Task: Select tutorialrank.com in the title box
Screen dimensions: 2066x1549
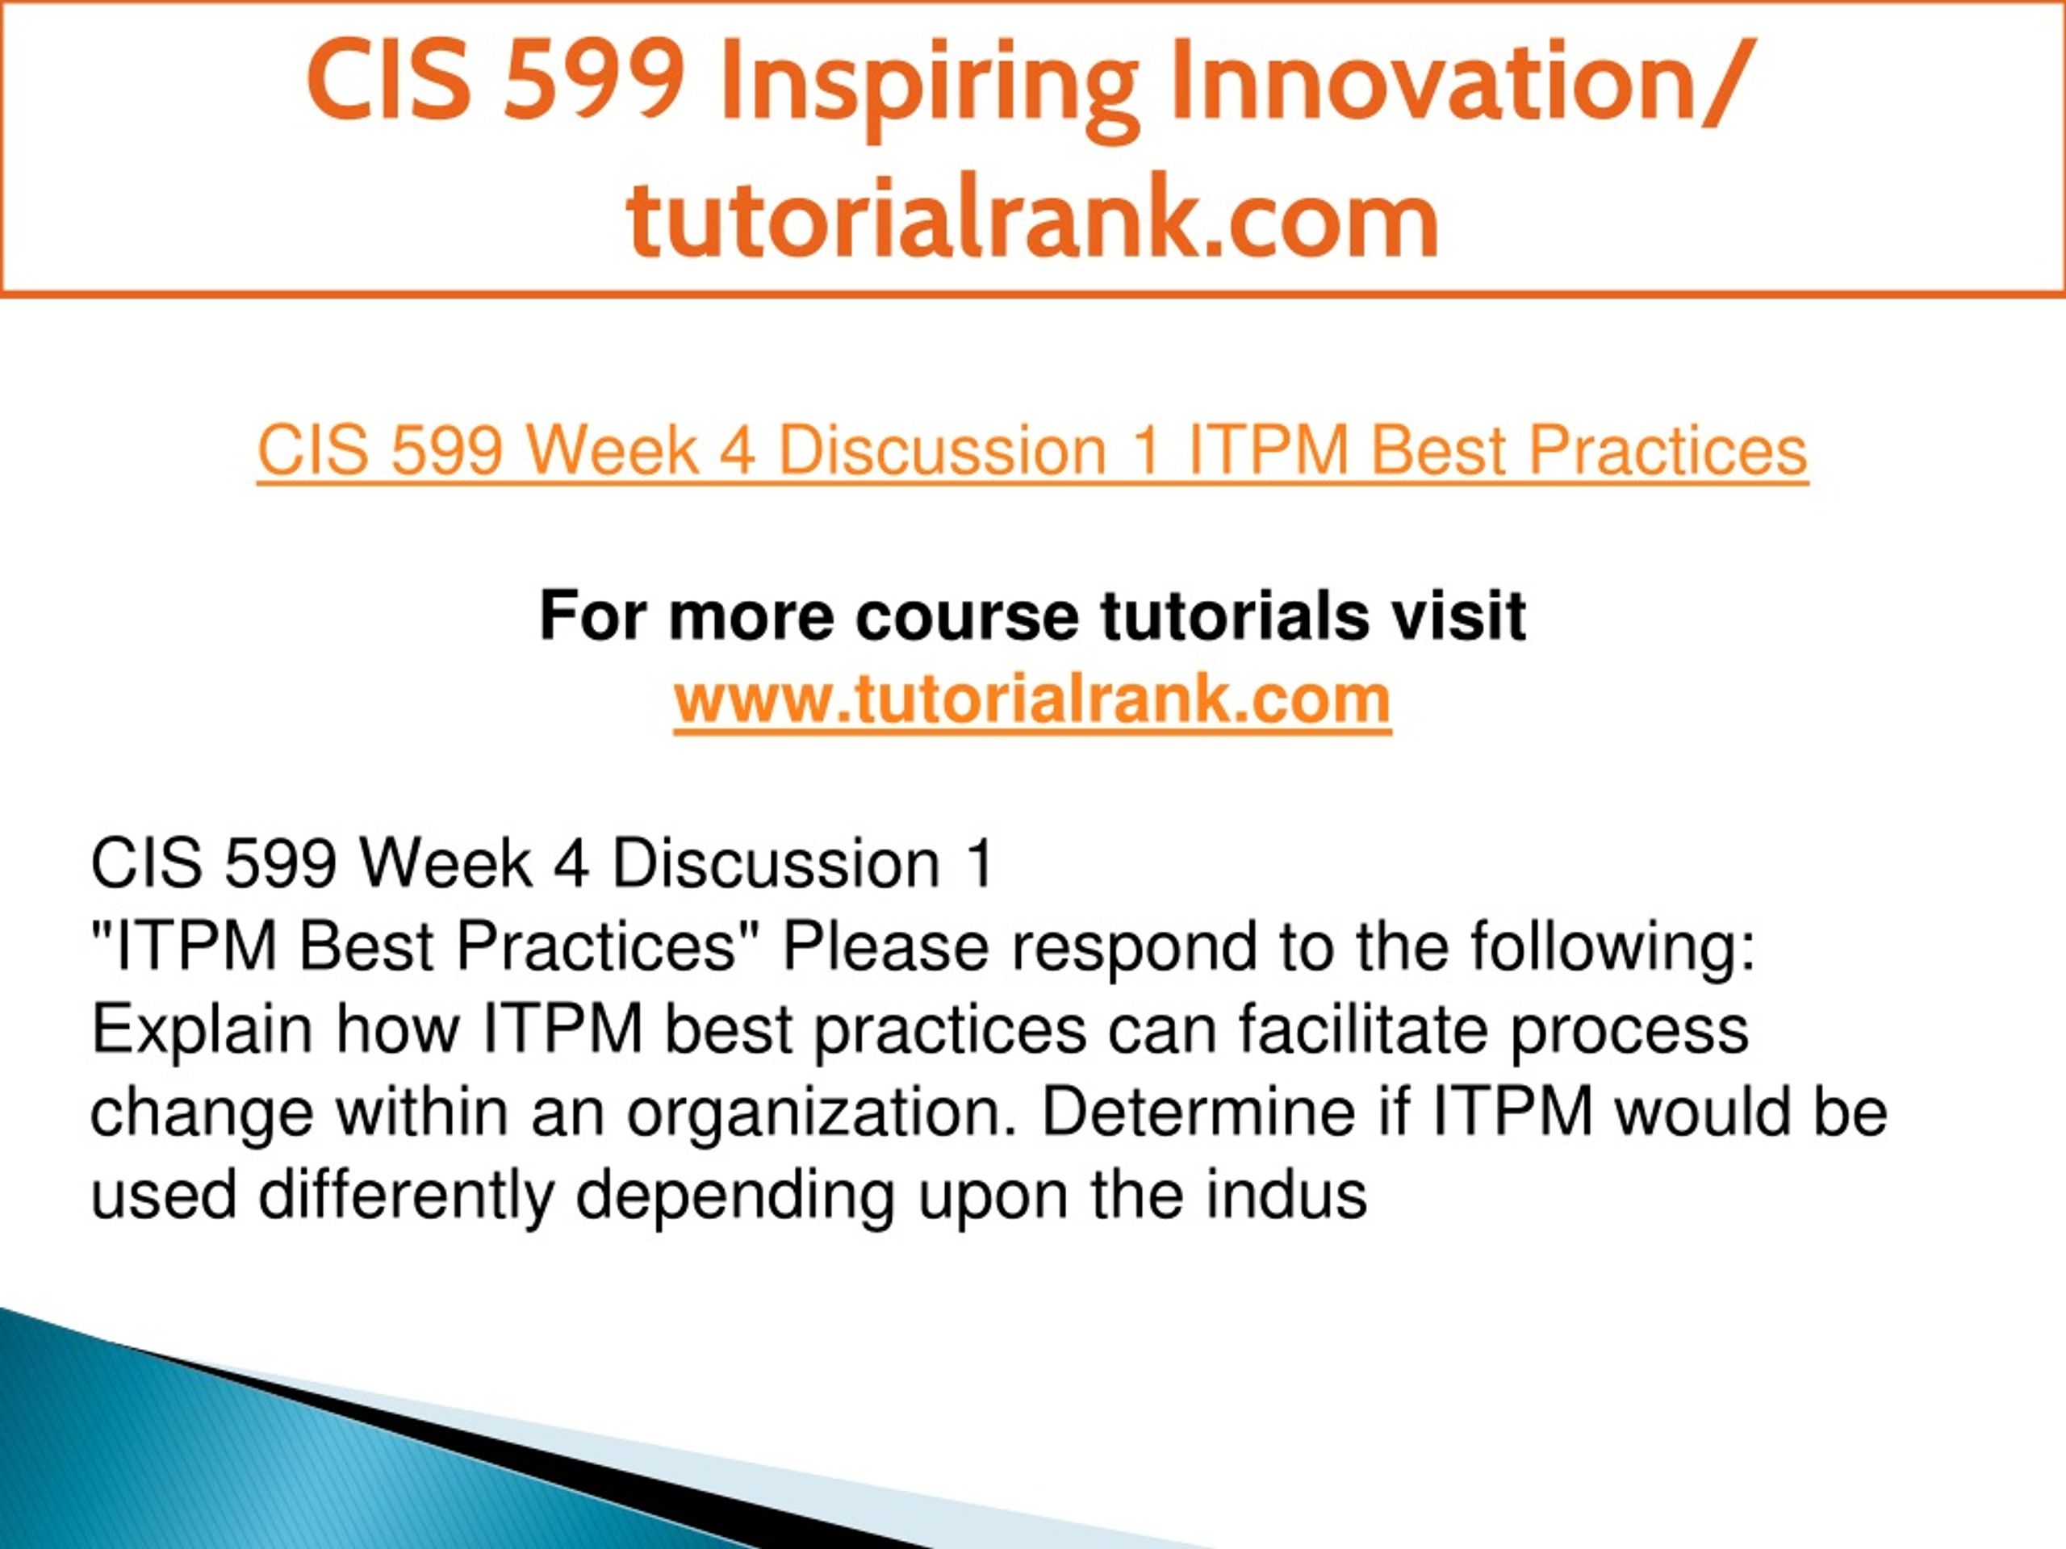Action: click(x=1032, y=216)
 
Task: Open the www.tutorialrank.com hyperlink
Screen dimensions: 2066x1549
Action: click(x=1032, y=700)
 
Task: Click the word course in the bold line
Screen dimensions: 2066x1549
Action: click(x=964, y=619)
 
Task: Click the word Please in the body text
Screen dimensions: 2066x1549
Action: click(x=885, y=947)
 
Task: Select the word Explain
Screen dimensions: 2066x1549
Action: click(x=201, y=1033)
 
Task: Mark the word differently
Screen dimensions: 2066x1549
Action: click(x=406, y=1197)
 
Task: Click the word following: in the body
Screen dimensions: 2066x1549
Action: click(x=1613, y=948)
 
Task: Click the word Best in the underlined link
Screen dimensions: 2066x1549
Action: click(x=1437, y=452)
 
